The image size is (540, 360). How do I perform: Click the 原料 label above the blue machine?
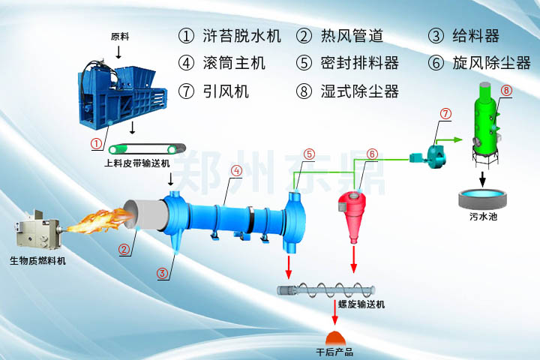click(120, 36)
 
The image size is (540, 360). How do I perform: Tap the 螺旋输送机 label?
click(361, 304)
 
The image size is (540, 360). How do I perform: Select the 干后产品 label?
click(334, 351)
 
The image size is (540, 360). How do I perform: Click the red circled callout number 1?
click(96, 142)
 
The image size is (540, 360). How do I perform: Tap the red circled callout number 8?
click(506, 91)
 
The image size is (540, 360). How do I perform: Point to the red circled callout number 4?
click(236, 171)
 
